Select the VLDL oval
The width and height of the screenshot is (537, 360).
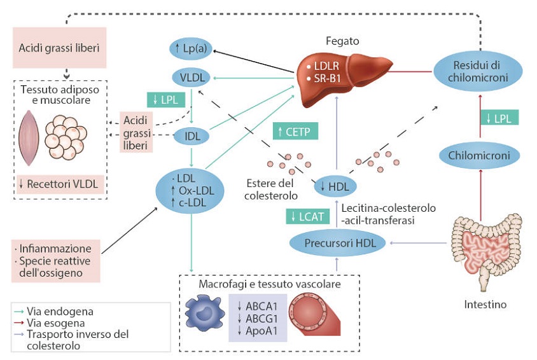coord(191,78)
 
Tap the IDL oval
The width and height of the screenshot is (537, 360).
coord(192,135)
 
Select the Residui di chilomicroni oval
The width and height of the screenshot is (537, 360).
coord(477,72)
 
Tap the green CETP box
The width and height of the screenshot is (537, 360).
coord(295,132)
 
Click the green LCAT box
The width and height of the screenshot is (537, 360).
coord(307,216)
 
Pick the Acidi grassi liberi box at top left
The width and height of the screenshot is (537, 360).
coord(59,48)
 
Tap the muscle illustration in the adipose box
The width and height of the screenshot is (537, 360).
coord(30,139)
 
